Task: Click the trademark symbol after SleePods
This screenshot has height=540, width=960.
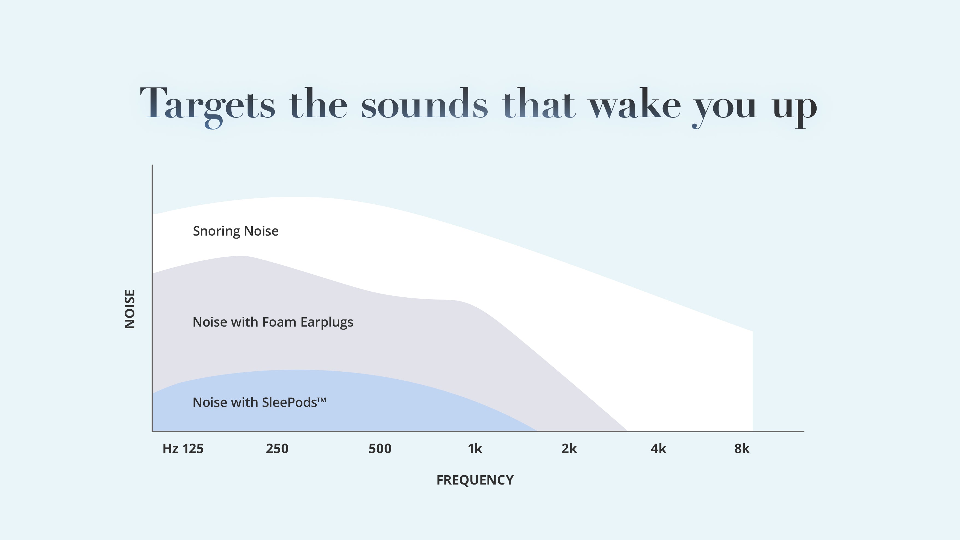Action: point(322,400)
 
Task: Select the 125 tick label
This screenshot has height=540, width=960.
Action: point(193,449)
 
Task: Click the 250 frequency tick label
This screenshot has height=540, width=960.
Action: point(277,449)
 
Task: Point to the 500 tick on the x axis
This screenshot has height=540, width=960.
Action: point(380,449)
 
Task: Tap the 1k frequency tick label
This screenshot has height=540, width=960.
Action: point(475,449)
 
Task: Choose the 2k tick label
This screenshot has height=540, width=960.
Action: point(569,449)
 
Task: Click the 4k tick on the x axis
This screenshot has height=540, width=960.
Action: point(658,449)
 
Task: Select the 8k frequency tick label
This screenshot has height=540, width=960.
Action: point(742,449)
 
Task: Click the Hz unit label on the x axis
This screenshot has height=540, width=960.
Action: point(170,449)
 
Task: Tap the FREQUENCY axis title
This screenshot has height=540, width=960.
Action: point(475,480)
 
